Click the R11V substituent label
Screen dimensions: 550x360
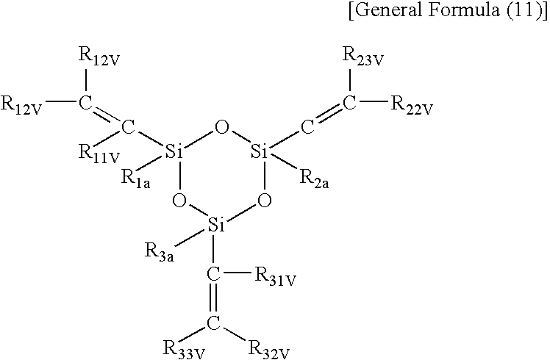(99, 154)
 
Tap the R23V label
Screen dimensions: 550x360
(363, 57)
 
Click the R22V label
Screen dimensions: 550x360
(413, 105)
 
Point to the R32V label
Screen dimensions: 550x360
(269, 350)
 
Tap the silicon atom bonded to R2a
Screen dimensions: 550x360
(260, 152)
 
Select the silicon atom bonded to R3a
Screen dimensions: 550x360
(216, 225)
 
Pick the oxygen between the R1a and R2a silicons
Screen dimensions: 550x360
(221, 128)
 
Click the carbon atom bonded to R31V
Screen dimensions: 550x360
(213, 275)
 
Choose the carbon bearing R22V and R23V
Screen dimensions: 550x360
(349, 103)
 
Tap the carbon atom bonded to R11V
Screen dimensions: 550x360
(128, 128)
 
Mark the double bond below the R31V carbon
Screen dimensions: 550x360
(213, 299)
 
